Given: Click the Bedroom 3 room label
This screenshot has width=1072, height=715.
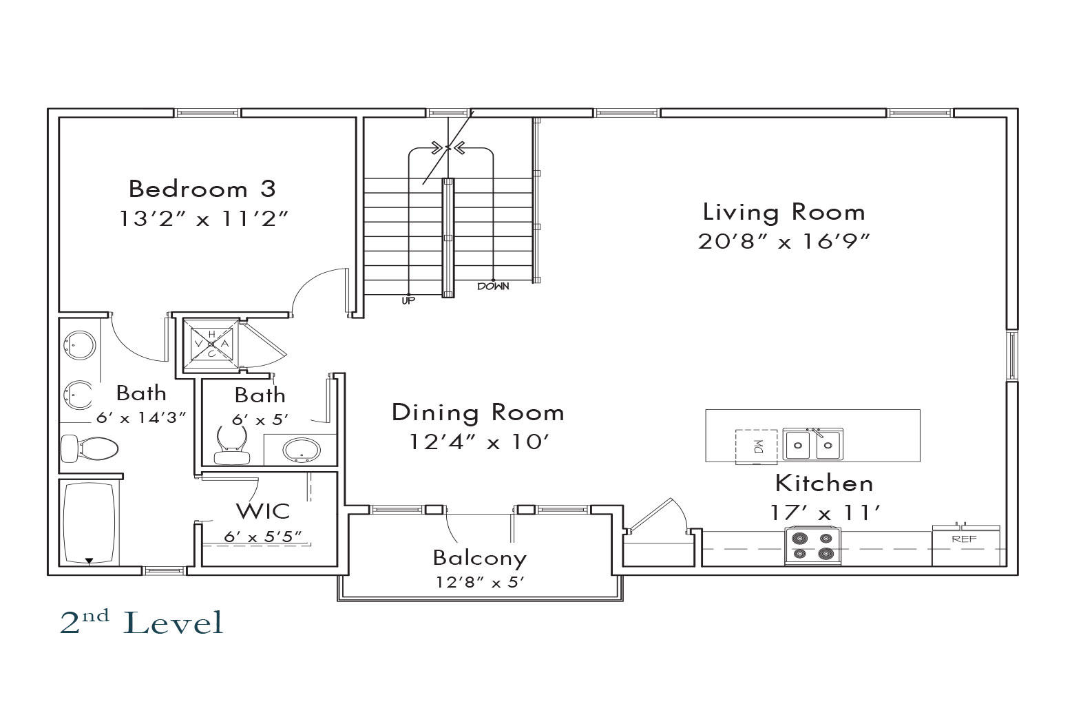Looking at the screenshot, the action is click(202, 189).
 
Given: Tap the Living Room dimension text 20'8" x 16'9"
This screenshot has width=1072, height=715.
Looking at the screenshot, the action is click(784, 241).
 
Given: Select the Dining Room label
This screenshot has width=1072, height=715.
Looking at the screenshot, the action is click(478, 413).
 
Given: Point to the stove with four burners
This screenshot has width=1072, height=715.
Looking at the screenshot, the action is click(812, 546).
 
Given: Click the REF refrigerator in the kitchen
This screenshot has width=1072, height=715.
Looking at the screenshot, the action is click(966, 545).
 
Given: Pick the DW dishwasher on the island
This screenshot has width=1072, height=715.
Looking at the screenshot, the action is click(756, 447).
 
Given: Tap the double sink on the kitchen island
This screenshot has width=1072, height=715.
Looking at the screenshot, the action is click(812, 444).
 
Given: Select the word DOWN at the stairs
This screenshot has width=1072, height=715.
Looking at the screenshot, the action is click(493, 287).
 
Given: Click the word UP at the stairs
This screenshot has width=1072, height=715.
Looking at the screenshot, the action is click(408, 300).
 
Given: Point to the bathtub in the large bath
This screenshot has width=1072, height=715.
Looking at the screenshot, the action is click(89, 523).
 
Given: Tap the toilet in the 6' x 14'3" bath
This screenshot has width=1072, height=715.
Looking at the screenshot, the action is click(90, 448).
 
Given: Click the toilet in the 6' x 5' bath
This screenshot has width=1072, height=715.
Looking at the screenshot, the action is click(232, 445).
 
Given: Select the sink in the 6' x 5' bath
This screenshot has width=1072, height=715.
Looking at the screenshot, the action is click(302, 450).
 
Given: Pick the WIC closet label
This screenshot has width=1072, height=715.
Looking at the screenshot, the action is click(263, 512).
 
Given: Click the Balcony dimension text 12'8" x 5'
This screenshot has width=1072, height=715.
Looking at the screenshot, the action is click(479, 582).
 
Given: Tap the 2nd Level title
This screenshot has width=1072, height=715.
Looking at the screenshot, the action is click(142, 623).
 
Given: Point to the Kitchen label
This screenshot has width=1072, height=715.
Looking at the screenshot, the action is click(824, 484).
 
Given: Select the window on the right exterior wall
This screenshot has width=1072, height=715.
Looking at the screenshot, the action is click(1013, 355).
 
